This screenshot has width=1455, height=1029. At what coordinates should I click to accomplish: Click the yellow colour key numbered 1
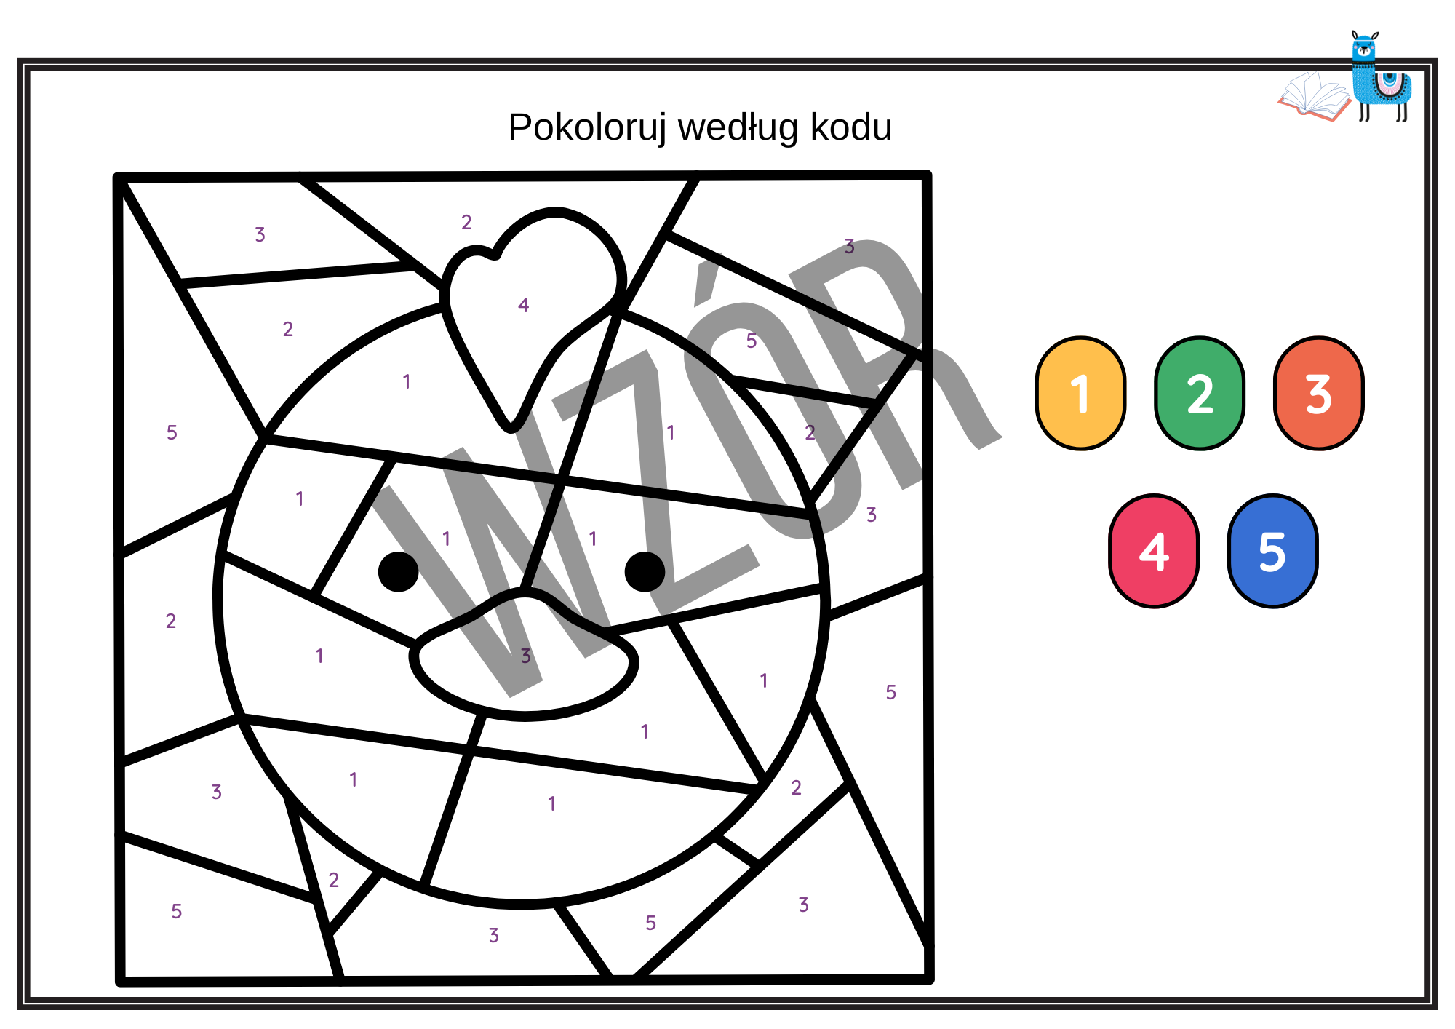tap(1080, 394)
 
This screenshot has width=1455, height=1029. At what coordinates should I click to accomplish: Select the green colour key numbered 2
tap(1200, 394)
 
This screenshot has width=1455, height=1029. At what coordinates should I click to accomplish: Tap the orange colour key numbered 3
tap(1318, 394)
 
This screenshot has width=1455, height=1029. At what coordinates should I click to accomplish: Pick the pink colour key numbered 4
tap(1154, 551)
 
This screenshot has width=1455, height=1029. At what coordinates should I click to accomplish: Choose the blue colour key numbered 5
tap(1272, 551)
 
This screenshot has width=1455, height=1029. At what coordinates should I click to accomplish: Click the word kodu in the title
tap(850, 128)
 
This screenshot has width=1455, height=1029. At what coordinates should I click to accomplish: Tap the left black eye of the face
tap(399, 571)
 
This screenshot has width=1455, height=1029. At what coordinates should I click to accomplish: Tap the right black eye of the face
tap(645, 571)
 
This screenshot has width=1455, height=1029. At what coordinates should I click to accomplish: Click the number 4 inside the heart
tap(523, 305)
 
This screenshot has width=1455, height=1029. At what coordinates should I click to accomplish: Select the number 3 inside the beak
tap(526, 656)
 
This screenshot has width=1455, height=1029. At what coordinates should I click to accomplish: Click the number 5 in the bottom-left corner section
tap(177, 911)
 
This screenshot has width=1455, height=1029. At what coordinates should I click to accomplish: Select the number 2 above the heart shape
tap(466, 222)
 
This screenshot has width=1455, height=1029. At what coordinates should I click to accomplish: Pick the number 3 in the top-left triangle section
tap(260, 234)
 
